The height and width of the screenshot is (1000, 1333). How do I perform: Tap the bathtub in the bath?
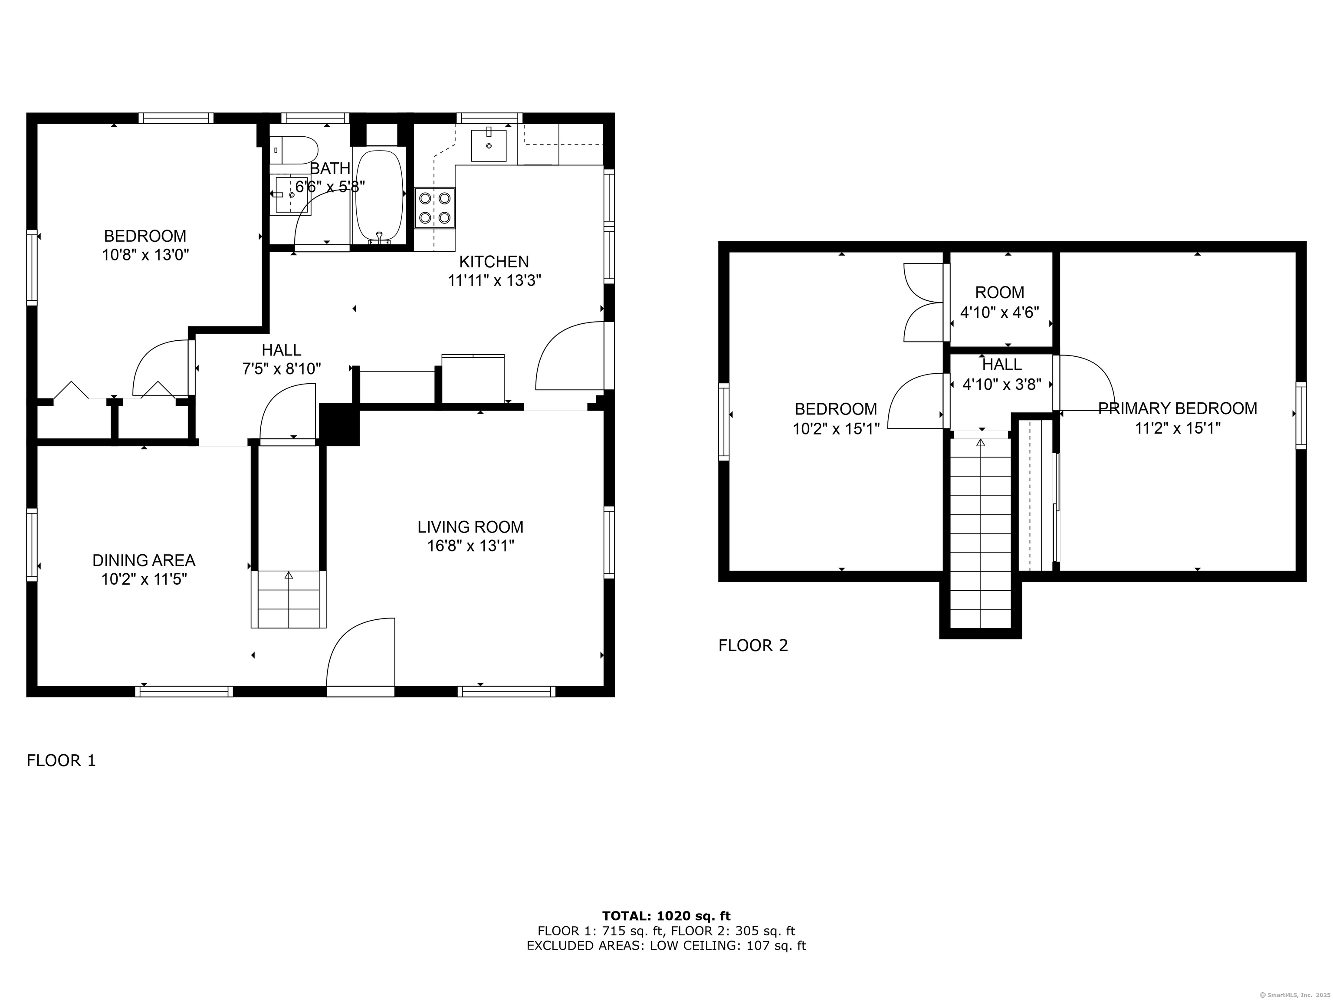(379, 197)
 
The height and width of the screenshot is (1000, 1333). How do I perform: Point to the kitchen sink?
(489, 145)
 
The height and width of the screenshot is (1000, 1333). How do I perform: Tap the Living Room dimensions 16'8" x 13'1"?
(471, 546)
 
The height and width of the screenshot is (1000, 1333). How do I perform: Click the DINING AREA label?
(144, 561)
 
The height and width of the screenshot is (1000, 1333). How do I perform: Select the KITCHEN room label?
(494, 262)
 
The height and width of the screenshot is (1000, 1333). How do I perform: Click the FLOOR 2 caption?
(753, 645)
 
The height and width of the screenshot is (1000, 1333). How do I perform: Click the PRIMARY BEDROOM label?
(1178, 409)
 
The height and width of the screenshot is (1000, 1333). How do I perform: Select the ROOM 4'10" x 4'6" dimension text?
(1000, 313)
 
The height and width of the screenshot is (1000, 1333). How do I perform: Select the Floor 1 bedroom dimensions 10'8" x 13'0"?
(145, 255)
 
